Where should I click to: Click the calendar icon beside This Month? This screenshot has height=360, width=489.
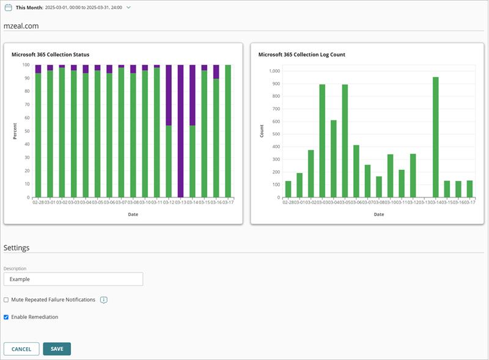point(9,7)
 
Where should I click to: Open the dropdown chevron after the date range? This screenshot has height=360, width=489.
point(128,7)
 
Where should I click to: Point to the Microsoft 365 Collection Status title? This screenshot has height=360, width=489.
point(51,54)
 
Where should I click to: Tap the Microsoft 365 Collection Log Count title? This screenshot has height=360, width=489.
point(302,54)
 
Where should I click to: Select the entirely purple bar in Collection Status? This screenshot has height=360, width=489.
point(180,131)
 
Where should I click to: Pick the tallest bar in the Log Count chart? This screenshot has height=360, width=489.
point(436,138)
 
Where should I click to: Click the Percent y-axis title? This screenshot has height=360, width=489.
point(15,131)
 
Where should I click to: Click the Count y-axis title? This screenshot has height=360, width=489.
point(262,131)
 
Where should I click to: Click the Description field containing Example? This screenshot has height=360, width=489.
point(73,279)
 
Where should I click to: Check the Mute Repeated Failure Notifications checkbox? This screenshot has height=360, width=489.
point(6,300)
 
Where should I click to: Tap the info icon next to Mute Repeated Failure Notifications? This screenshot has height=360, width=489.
point(104,300)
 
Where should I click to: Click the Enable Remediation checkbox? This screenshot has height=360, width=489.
point(6,317)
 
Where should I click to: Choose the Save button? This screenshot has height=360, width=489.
point(57,349)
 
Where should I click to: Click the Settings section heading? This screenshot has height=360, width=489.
point(17,248)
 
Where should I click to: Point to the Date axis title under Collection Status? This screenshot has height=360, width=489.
point(133,214)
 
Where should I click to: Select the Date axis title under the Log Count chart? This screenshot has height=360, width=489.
point(379,214)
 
